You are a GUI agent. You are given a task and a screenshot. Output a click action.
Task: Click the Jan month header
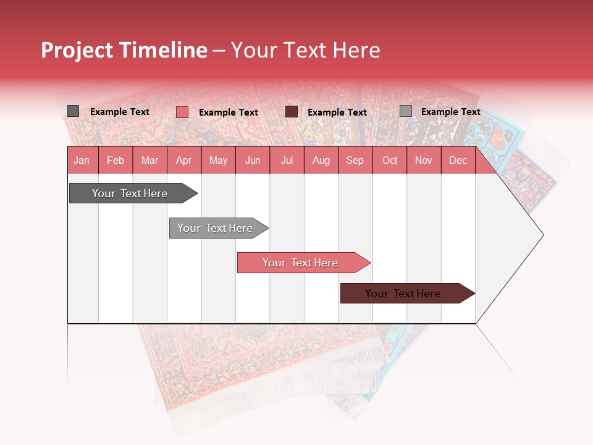point(82,160)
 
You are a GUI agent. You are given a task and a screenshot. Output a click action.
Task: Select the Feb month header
point(116,160)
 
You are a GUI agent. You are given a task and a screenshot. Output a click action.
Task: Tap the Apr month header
point(183,160)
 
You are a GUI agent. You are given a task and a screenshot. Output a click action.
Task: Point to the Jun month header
point(253,160)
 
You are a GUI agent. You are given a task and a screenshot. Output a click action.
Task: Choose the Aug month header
point(321,160)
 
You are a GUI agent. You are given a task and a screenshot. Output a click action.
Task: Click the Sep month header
point(355,160)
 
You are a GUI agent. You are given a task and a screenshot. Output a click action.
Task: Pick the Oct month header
point(390,160)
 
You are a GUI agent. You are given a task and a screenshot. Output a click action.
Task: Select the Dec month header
point(458,160)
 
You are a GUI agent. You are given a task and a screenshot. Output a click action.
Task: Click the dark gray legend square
point(73,111)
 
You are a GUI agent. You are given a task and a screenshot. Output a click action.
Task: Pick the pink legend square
point(182,112)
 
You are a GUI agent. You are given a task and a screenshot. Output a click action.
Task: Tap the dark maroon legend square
point(292,111)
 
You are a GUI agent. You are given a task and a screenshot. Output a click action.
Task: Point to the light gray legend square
point(405,111)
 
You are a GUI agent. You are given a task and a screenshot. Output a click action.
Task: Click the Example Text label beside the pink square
point(228,112)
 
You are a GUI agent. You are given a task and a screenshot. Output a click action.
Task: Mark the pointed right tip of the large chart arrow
point(542,235)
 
